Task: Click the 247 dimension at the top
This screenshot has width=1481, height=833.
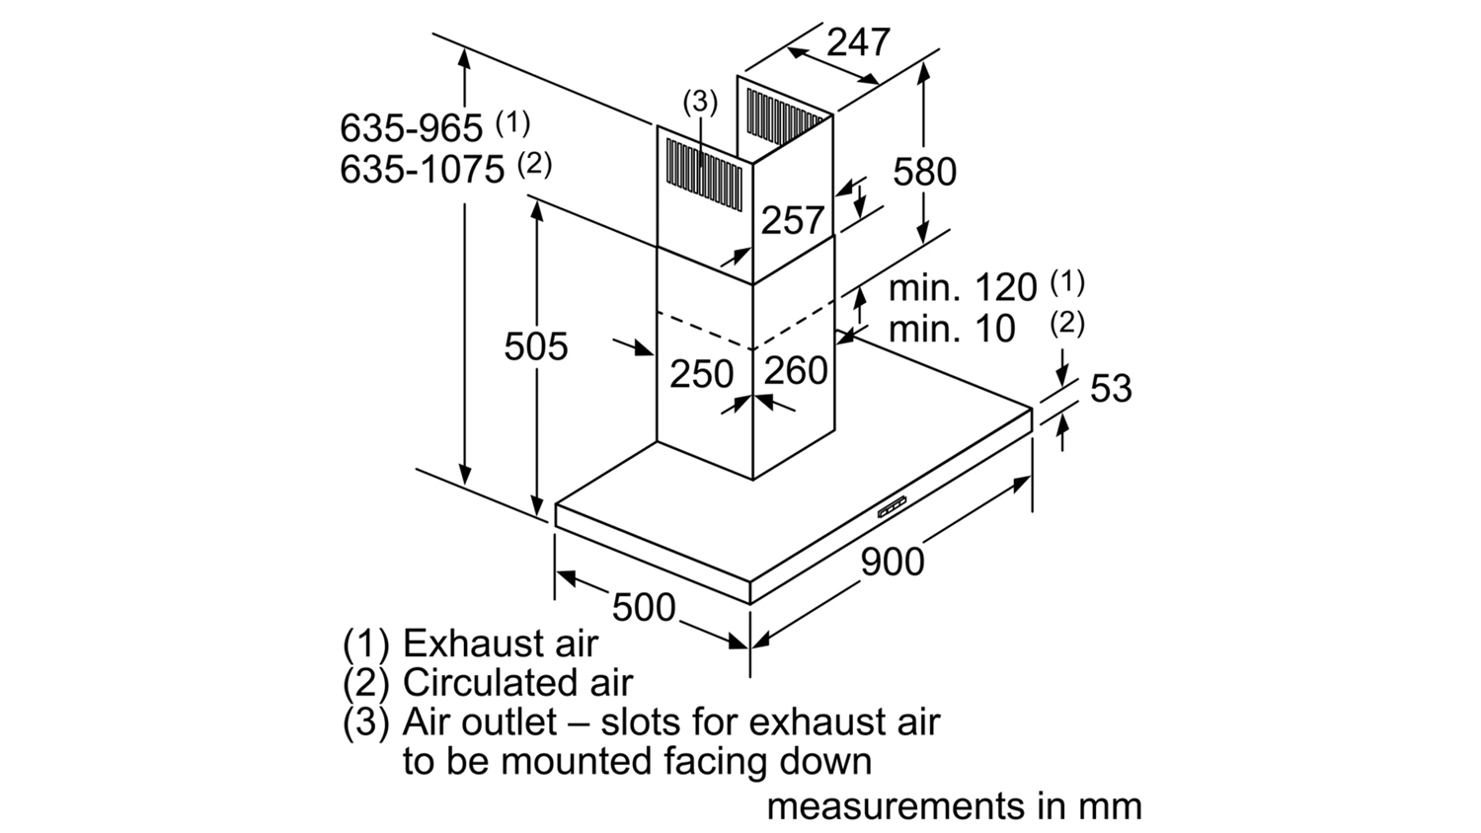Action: point(858,42)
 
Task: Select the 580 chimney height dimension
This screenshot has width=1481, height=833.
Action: point(924,172)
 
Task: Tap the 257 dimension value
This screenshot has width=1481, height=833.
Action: point(792,220)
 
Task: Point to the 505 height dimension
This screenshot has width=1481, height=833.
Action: point(536,346)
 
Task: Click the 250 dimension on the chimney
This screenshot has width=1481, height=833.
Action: point(702,374)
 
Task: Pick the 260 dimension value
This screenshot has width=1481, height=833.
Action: point(796,370)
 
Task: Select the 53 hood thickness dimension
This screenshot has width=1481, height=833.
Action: point(1110,388)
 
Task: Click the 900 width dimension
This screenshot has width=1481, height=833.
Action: point(893,562)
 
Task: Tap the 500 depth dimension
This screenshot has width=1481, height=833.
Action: point(644,606)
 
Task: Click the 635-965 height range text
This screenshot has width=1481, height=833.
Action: point(412,127)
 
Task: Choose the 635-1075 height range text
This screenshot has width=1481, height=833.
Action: point(423,169)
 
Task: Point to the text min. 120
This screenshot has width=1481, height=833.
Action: point(963,288)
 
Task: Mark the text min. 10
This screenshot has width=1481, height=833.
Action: point(952,329)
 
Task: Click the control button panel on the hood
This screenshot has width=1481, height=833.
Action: point(892,507)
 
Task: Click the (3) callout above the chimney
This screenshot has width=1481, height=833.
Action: point(700,101)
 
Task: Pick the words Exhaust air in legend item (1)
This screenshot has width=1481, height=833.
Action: point(501,644)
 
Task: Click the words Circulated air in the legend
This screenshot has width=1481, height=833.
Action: point(517,683)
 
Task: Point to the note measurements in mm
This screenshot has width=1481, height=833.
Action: point(954,805)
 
